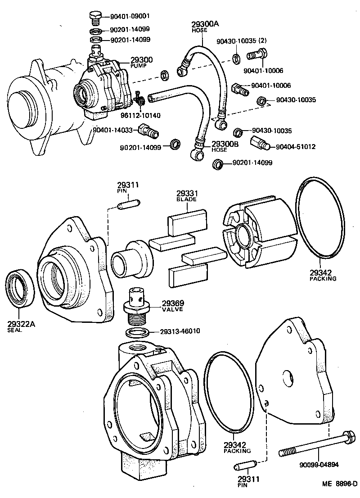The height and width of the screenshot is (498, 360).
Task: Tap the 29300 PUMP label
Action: tap(142, 62)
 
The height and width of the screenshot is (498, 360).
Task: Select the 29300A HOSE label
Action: tap(201, 26)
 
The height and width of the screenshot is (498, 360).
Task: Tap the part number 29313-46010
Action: tap(180, 331)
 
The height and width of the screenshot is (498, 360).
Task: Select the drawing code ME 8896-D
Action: tap(339, 485)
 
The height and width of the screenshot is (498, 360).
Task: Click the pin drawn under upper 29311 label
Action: tap(127, 206)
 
